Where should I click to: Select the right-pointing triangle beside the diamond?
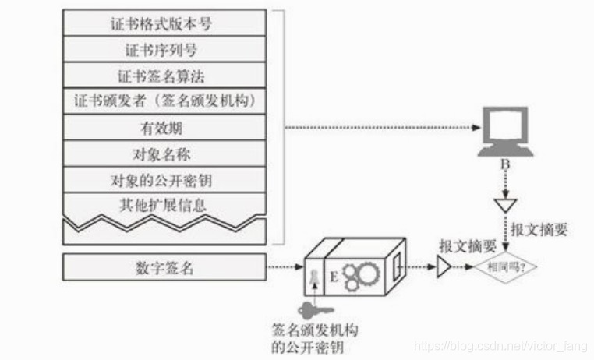[x=444, y=268]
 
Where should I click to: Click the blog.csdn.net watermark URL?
[x=500, y=343]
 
